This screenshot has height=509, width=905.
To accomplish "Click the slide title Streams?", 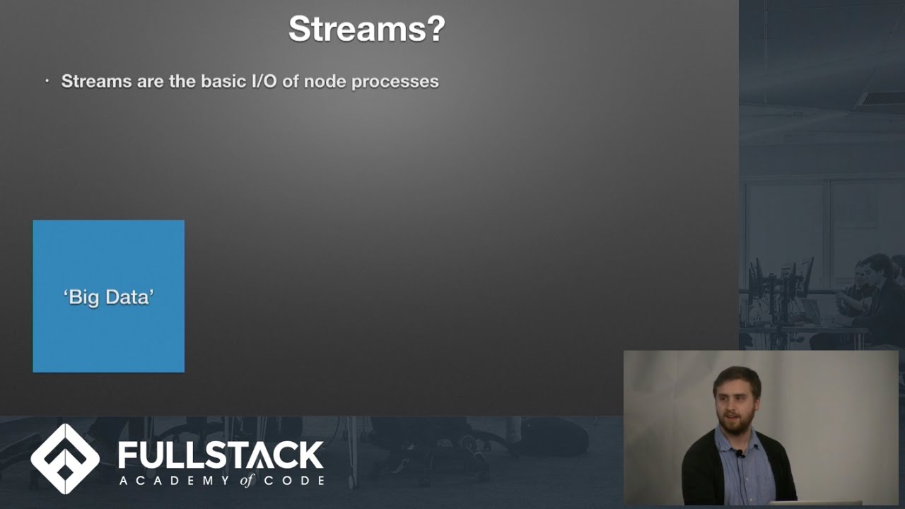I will coord(366,30).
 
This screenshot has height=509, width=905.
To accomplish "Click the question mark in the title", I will coord(436,30).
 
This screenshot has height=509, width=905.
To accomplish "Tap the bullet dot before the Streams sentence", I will coord(47,81).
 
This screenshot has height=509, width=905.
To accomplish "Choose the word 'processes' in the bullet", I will coord(395,81).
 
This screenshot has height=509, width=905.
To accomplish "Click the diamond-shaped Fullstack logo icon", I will coord(65,459).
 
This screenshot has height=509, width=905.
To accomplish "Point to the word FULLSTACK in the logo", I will coord(221,455).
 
